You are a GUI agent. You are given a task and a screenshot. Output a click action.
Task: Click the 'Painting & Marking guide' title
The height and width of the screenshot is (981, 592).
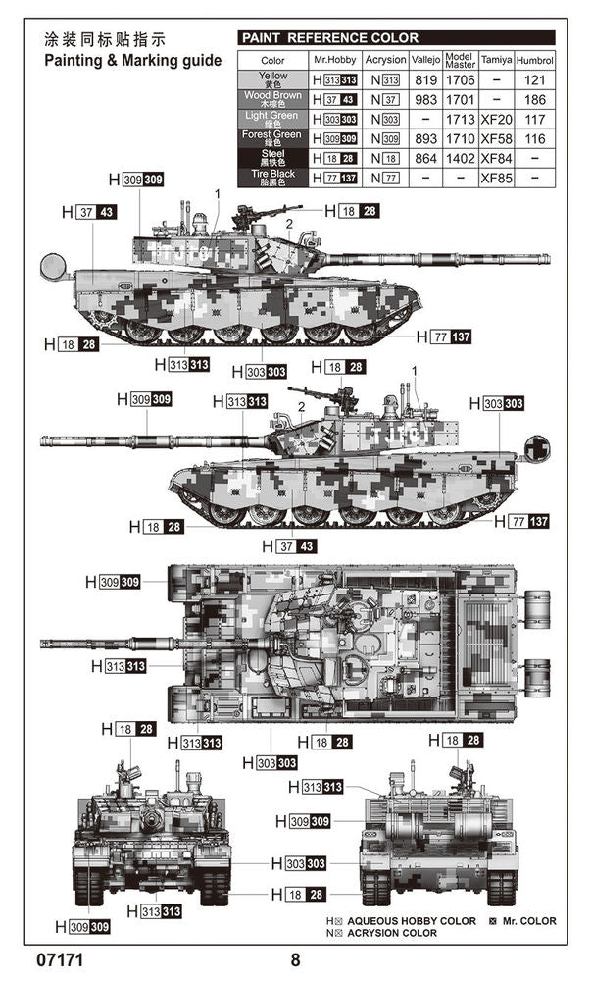coord(132,60)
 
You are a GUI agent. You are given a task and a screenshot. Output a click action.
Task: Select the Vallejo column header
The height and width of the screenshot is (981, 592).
coord(425,60)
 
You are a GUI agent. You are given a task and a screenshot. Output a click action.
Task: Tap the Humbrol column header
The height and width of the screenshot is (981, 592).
coord(534,60)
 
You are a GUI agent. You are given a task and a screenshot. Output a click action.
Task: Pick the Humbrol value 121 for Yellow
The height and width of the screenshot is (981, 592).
coord(534,79)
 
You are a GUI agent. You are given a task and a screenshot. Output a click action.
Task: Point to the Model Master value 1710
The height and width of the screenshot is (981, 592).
coord(459,138)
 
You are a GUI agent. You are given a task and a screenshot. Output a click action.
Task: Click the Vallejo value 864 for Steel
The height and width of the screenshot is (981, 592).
coord(425,158)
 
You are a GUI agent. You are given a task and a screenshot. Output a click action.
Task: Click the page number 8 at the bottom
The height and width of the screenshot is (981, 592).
coord(294,958)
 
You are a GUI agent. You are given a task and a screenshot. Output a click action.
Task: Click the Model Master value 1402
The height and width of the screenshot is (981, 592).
coord(459,158)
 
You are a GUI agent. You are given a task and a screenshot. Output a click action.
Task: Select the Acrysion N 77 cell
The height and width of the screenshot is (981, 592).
coord(385,178)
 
